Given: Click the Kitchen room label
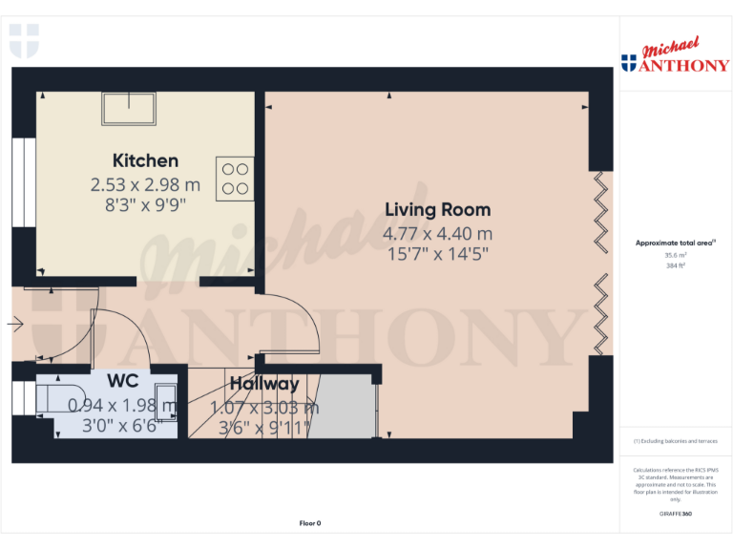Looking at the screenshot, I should pyautogui.click(x=145, y=160).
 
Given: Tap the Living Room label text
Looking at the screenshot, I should pyautogui.click(x=437, y=210).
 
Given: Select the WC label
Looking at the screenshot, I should pyautogui.click(x=122, y=380).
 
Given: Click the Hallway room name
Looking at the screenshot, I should pyautogui.click(x=264, y=384).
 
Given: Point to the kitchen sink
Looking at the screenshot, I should pyautogui.click(x=129, y=109).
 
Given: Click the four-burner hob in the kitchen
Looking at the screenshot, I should pyautogui.click(x=236, y=179).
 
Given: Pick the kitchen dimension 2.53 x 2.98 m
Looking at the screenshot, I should pyautogui.click(x=145, y=183).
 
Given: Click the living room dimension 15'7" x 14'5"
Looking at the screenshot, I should pyautogui.click(x=437, y=255).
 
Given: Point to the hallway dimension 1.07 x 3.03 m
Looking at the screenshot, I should pyautogui.click(x=264, y=407).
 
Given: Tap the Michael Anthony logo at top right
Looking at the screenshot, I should pyautogui.click(x=675, y=57).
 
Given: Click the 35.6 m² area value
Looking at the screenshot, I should pyautogui.click(x=675, y=255).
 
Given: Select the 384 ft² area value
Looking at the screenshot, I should pyautogui.click(x=675, y=265).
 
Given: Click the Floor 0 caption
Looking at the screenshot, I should pyautogui.click(x=310, y=523).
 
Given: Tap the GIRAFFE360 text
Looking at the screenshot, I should pyautogui.click(x=675, y=514).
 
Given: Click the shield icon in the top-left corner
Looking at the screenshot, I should pyautogui.click(x=24, y=40).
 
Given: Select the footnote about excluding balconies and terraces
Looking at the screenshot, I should pyautogui.click(x=675, y=441).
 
